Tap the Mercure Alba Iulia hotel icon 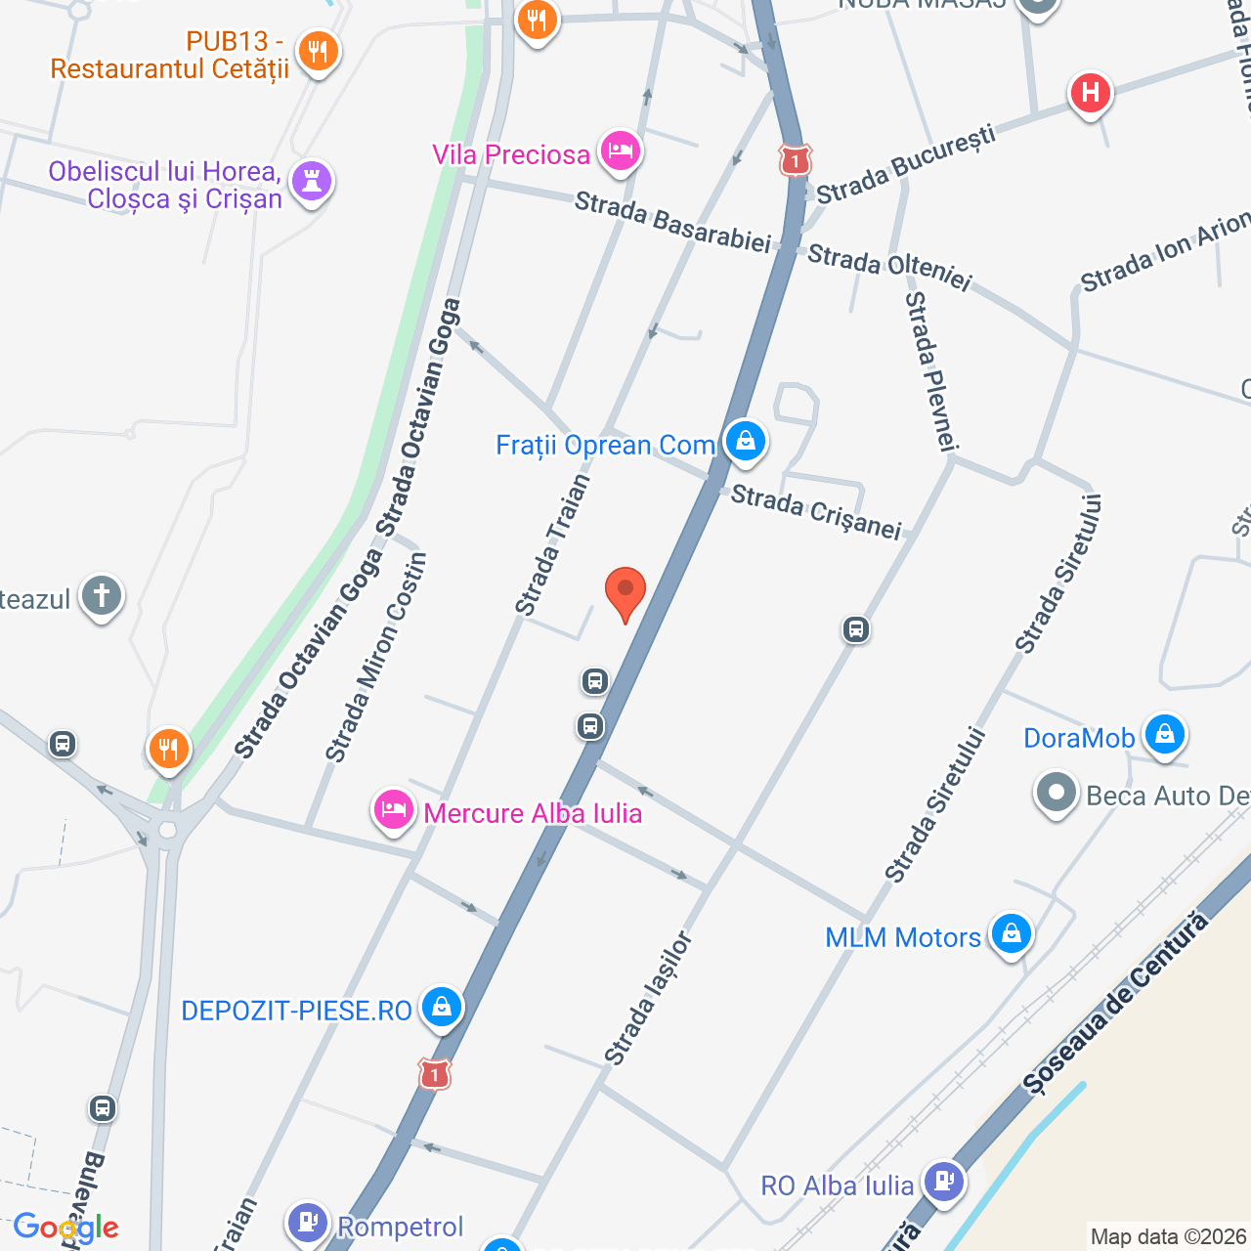point(393,810)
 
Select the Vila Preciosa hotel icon point(621,151)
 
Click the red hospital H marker point(1090,94)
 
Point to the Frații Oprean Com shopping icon point(746,441)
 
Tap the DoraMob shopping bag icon point(1164,734)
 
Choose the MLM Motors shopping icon point(1011,934)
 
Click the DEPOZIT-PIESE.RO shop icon point(441,1007)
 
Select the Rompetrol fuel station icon point(308,1222)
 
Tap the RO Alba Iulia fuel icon point(943,1182)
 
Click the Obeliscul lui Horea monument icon point(312,182)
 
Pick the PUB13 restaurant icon point(318,52)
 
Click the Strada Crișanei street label point(816,512)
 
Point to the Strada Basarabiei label point(672,223)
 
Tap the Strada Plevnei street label point(931,371)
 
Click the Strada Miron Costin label point(377,658)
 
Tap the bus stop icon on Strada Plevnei point(856,629)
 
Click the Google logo point(65,1228)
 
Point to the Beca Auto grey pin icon point(1056,794)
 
